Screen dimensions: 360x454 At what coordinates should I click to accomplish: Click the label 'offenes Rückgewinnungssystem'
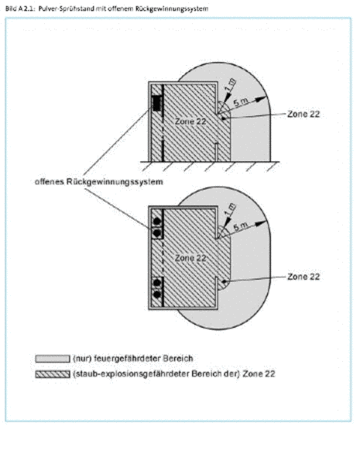[98, 182]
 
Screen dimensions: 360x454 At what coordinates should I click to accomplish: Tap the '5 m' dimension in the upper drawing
[241, 101]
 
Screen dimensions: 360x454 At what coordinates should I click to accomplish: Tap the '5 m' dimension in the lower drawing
[241, 226]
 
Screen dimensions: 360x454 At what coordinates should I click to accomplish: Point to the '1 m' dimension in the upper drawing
[231, 85]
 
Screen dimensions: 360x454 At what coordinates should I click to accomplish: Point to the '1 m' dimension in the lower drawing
[231, 209]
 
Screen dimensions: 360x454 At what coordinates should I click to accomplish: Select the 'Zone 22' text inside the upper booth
[190, 122]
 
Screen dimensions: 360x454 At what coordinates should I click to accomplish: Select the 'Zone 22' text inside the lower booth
[190, 258]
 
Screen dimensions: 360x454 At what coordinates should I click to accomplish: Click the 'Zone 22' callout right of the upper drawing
[303, 114]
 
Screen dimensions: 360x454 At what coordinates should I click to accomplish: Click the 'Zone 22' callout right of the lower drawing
[303, 277]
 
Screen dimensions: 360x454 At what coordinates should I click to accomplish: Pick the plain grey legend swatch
[53, 359]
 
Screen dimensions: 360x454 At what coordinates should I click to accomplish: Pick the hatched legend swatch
[53, 374]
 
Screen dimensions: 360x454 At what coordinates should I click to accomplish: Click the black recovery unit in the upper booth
[156, 103]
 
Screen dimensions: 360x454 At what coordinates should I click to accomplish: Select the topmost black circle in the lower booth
[157, 222]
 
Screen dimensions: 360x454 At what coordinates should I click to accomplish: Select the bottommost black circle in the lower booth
[157, 294]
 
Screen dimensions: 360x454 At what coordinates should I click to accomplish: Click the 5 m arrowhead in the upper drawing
[262, 98]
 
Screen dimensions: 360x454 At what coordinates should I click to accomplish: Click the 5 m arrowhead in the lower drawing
[262, 223]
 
